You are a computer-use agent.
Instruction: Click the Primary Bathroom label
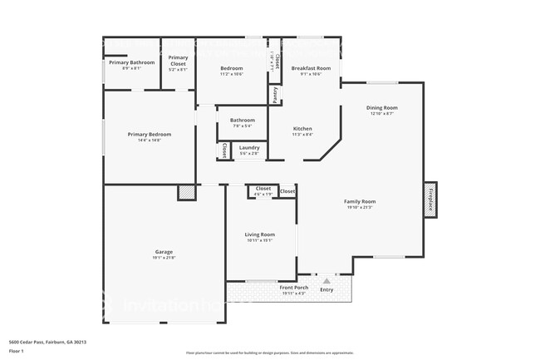coord(131,62)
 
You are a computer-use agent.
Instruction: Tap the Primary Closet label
coord(178,60)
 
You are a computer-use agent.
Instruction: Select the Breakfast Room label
coord(311,68)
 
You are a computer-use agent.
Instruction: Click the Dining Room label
coord(382,107)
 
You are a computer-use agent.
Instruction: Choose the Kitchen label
coord(302,129)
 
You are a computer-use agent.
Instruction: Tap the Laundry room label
coord(249,147)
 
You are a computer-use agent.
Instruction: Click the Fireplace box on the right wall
coord(430,200)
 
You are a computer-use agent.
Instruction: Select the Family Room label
coord(360,201)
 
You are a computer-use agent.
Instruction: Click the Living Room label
coord(259,234)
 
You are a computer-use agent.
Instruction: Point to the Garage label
coord(164,252)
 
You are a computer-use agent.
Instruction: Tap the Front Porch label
coord(293,288)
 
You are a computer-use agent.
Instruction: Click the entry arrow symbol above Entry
coord(326,281)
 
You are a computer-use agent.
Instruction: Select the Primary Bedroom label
coord(150,134)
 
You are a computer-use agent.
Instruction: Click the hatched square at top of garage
coord(186,192)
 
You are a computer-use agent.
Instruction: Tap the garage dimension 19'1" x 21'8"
coord(164,258)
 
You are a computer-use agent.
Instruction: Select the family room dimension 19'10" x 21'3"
coord(360,207)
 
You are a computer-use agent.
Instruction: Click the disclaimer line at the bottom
coord(269,353)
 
